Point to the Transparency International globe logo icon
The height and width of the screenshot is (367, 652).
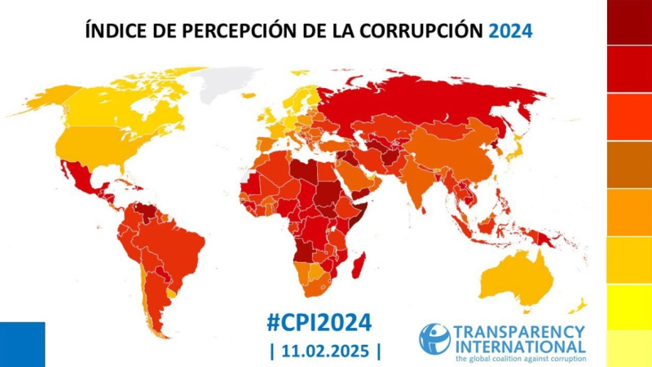click(x=434, y=338)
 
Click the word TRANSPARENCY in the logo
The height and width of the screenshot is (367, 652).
click(x=519, y=331)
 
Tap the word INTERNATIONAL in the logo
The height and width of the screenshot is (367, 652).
click(x=519, y=346)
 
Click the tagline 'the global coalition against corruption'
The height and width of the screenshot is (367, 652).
click(x=519, y=358)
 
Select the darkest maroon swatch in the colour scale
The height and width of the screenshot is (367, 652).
click(x=629, y=22)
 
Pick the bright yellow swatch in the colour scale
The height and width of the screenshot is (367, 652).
click(x=629, y=307)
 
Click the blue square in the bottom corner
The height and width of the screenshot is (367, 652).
click(x=22, y=344)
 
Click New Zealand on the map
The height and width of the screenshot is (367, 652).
click(x=579, y=307)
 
